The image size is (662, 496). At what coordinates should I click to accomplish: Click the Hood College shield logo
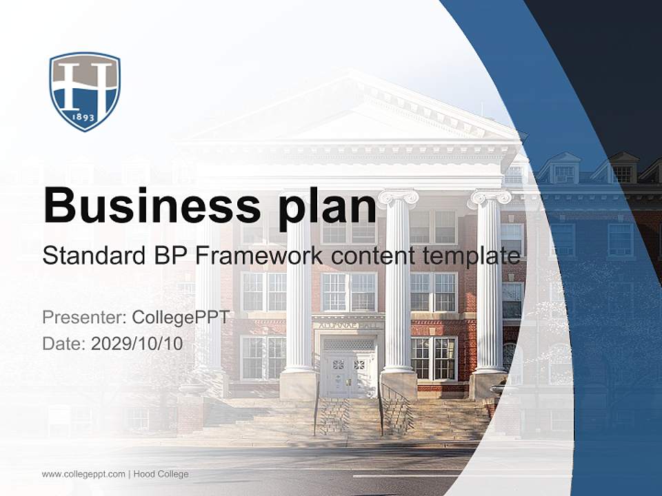pyautogui.click(x=85, y=91)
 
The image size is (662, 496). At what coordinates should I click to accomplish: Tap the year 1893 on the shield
pyautogui.click(x=85, y=118)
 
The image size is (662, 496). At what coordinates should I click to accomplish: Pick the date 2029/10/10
pyautogui.click(x=137, y=343)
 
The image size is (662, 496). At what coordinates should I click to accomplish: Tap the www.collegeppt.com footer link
pyautogui.click(x=83, y=474)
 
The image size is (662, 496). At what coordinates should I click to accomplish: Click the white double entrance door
pyautogui.click(x=348, y=375)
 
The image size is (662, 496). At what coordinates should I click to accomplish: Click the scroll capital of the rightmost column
pyautogui.click(x=490, y=198)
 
